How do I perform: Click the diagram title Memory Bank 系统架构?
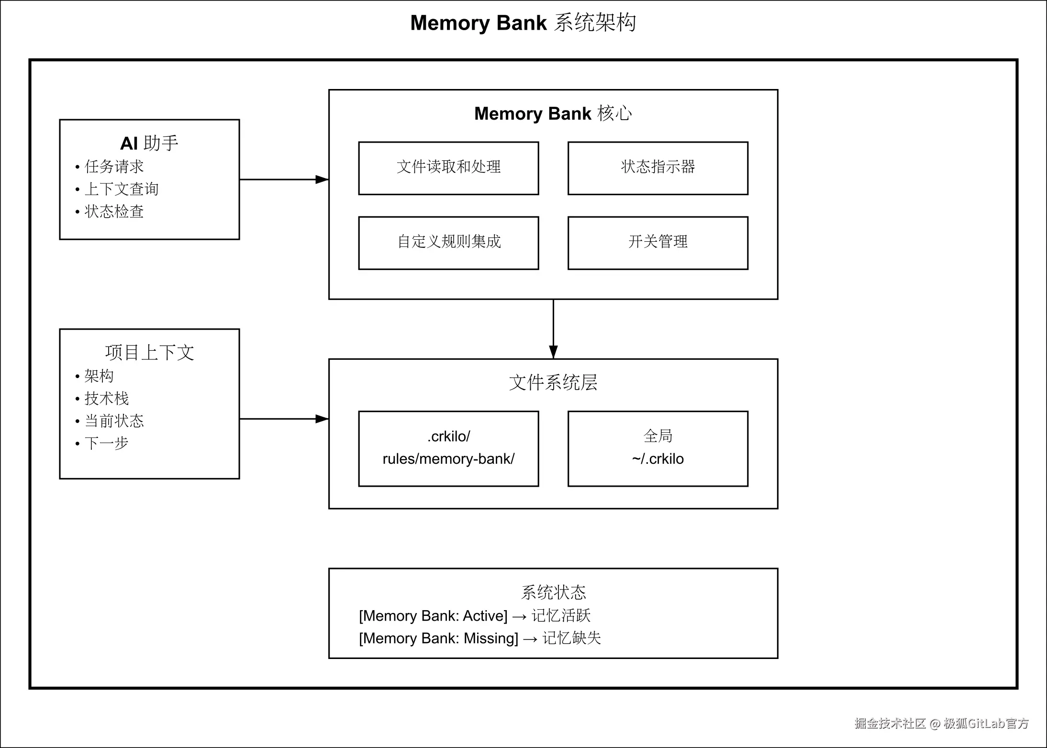point(523,22)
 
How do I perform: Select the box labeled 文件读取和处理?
point(448,168)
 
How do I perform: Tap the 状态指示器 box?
point(657,168)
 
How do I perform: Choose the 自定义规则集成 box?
point(448,243)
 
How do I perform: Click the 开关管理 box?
point(657,243)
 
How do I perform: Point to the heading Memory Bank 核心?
point(553,113)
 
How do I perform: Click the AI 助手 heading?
point(149,143)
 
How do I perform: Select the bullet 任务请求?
point(114,167)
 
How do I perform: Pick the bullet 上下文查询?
point(121,189)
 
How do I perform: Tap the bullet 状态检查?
point(114,212)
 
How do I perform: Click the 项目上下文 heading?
point(149,353)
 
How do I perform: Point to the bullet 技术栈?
point(106,398)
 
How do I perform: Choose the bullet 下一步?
point(106,443)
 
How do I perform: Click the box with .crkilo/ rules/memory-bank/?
point(448,448)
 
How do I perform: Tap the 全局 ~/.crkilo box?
point(657,448)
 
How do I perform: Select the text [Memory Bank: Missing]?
point(438,638)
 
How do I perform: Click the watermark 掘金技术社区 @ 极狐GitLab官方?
point(941,723)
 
